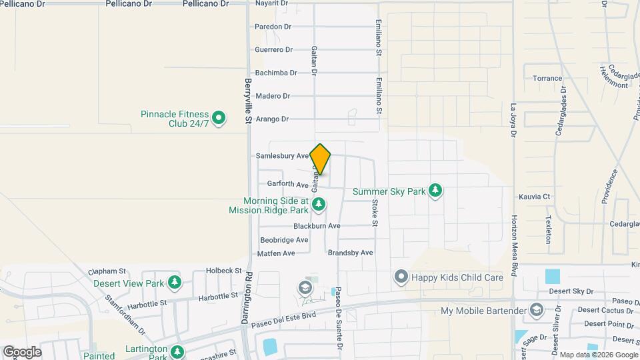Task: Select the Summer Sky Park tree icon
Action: tap(435, 191)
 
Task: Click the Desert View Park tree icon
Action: tap(175, 283)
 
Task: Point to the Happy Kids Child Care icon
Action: tap(401, 276)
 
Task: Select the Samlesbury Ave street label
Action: tap(282, 156)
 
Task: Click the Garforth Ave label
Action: tap(287, 184)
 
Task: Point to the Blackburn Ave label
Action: tap(317, 226)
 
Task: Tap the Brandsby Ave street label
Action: tap(350, 253)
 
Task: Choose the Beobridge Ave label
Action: tap(284, 240)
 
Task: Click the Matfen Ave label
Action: tap(276, 253)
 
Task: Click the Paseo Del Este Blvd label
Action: tap(288, 317)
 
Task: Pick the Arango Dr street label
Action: tap(272, 119)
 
